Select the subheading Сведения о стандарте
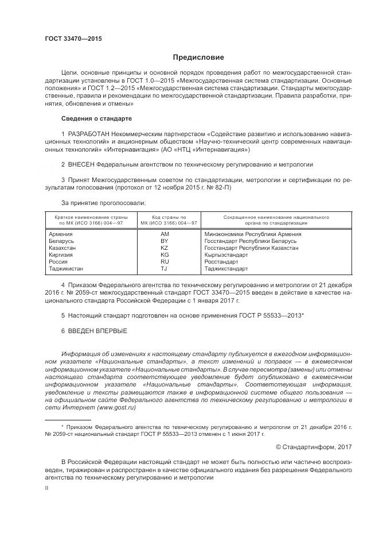click(x=96, y=118)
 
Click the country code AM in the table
click(x=165, y=234)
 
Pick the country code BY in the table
click(x=165, y=241)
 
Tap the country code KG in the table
click(x=165, y=254)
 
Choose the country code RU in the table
click(x=165, y=261)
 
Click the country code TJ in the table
click(x=164, y=268)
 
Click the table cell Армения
click(x=61, y=234)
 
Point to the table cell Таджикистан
click(x=67, y=268)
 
